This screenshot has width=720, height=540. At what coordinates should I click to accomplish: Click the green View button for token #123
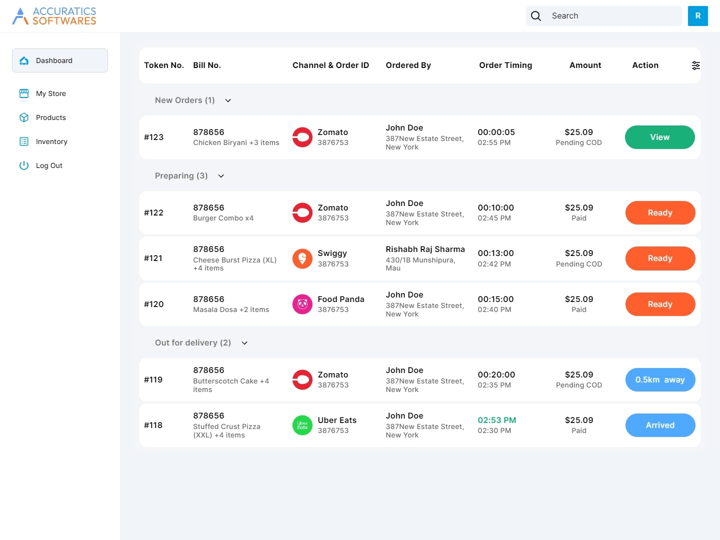click(x=659, y=137)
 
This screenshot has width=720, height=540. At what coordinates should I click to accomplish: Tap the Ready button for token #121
click(x=660, y=258)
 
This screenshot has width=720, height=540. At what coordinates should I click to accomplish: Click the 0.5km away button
click(x=660, y=379)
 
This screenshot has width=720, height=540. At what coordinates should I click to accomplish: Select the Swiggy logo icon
click(x=302, y=258)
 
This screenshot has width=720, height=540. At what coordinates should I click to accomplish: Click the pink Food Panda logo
click(x=302, y=304)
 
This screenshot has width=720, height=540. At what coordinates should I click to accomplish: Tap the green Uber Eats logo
click(x=302, y=425)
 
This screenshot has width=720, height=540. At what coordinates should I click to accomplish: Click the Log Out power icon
click(x=24, y=165)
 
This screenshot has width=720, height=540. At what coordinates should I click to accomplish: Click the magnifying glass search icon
click(x=535, y=15)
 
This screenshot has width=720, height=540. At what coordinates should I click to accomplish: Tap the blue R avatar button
click(x=697, y=15)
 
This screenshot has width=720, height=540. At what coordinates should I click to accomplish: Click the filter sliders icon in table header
click(x=695, y=65)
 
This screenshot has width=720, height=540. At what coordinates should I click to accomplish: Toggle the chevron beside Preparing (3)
click(x=221, y=176)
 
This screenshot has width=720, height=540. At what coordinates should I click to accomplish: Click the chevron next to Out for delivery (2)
click(x=244, y=343)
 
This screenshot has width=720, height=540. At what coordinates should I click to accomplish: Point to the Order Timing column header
click(x=505, y=65)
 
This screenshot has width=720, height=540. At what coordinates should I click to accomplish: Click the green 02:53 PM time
click(x=496, y=420)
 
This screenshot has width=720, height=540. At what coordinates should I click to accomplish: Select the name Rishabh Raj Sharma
click(x=425, y=249)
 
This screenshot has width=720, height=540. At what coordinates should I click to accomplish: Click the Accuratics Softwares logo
click(x=54, y=15)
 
